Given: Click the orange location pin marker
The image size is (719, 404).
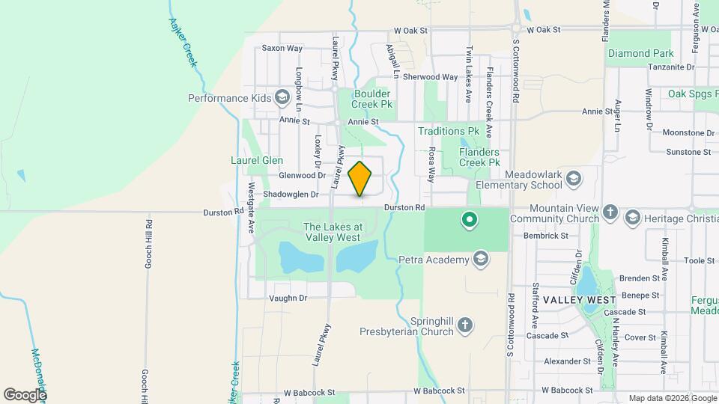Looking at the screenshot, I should tap(360, 178).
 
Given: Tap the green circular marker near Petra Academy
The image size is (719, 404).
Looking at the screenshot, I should tap(470, 220).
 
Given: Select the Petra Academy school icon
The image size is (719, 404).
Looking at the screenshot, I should tap(480, 260).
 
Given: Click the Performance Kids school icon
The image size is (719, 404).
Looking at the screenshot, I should tap(282, 98).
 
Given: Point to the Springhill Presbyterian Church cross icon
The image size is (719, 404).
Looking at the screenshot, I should tap(465, 325).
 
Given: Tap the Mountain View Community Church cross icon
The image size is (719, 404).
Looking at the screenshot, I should tap(610, 213).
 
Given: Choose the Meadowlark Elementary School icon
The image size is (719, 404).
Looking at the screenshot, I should tap(573, 180).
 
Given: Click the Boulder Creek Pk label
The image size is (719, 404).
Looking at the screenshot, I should tap(372, 100).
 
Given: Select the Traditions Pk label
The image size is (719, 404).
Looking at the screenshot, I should tap(449, 131).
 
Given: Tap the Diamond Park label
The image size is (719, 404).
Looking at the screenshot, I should tap(640, 54).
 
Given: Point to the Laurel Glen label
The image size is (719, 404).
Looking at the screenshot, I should tap(256, 160).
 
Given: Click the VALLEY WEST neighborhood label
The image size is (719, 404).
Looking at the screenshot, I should tap(579, 299).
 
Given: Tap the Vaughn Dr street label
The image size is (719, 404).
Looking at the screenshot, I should tap(288, 298).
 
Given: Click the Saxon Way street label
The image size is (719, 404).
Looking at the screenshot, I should tap(282, 48).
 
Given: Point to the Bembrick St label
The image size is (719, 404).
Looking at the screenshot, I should tap(547, 236).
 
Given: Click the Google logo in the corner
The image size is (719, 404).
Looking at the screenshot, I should tap(25, 394).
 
